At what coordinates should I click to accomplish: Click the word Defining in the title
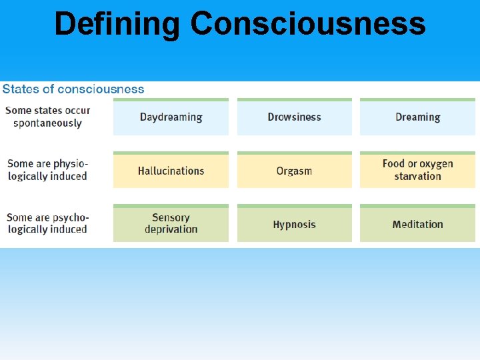coord(117,24)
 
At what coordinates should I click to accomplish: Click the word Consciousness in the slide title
coord(307,24)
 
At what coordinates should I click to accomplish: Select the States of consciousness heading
coord(73,89)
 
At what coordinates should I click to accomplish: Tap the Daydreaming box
coord(171,117)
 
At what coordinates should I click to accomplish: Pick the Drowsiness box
coord(294,117)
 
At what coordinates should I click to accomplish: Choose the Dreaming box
coord(417,117)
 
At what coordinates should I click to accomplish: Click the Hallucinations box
coord(171,171)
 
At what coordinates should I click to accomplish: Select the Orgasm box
coord(294,171)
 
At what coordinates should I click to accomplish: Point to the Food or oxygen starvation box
coord(417,170)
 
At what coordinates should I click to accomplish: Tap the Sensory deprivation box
coord(171,223)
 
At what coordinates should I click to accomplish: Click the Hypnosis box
coord(294,224)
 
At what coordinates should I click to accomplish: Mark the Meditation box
coord(417,224)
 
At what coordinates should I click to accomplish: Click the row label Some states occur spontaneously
coord(47,117)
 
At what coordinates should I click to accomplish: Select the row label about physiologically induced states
coord(47,170)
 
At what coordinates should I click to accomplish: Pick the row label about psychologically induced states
coord(47,223)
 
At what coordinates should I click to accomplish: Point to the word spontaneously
coord(47,123)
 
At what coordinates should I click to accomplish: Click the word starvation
coord(417,177)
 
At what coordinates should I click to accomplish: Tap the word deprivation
coord(171,229)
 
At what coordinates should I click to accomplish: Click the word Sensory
coord(171,217)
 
